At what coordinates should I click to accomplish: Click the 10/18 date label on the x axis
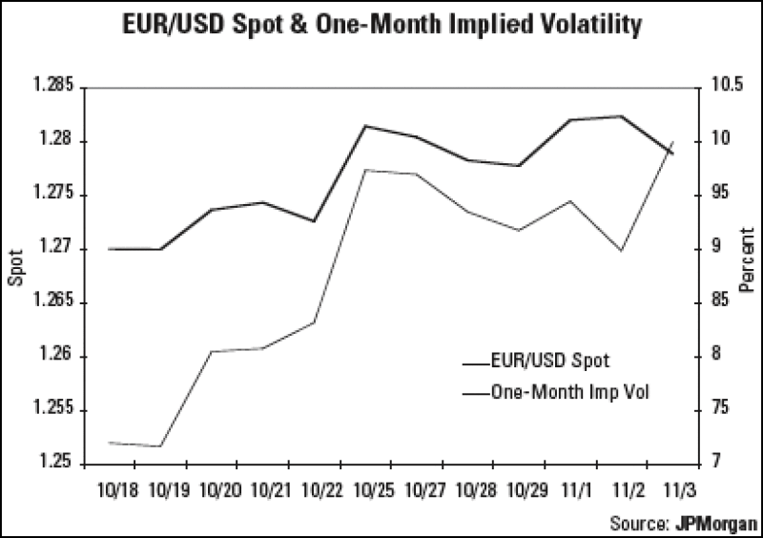(x=117, y=488)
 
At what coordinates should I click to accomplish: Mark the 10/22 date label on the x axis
(x=323, y=488)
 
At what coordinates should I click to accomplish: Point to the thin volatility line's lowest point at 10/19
(x=161, y=446)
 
